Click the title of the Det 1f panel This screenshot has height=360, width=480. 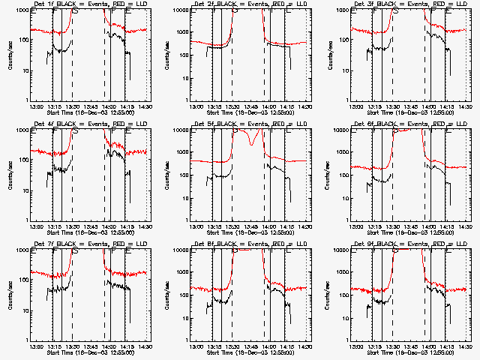[90, 4]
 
